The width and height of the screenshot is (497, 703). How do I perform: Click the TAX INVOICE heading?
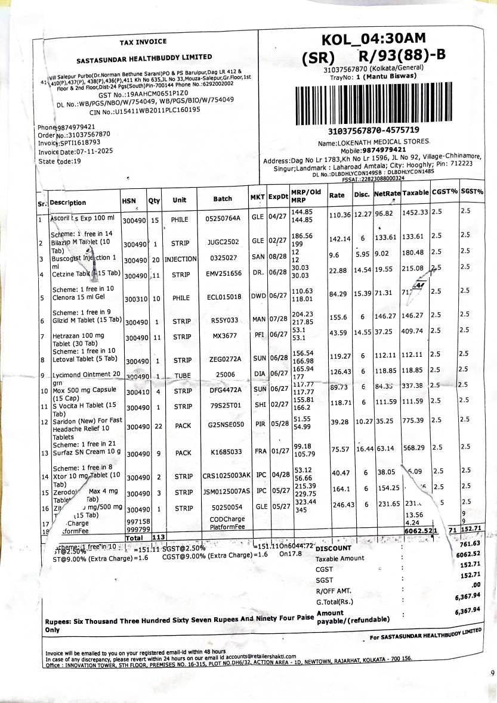click(x=143, y=42)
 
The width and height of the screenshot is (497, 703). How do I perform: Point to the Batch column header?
click(x=223, y=199)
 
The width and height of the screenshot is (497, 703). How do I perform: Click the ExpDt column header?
click(x=278, y=197)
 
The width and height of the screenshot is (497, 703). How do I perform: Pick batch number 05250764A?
click(x=223, y=219)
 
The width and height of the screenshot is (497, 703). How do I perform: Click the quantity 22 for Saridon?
click(x=155, y=427)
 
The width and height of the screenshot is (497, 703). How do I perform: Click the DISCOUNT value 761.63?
click(x=470, y=544)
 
